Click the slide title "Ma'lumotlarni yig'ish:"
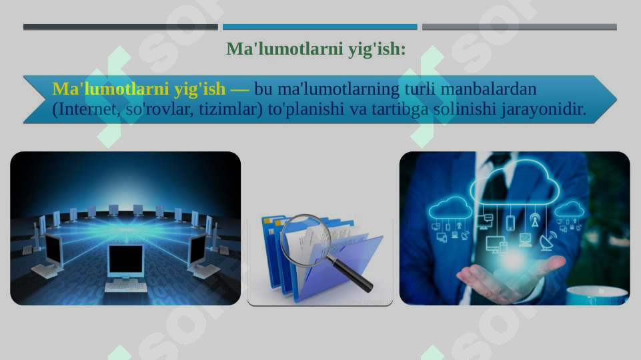pyautogui.click(x=315, y=49)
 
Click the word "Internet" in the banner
pyautogui.click(x=89, y=109)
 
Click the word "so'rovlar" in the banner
pyautogui.click(x=157, y=109)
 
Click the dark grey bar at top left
pyautogui.click(x=120, y=27)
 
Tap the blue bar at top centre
pyautogui.click(x=319, y=27)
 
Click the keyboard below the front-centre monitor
pyautogui.click(x=125, y=286)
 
